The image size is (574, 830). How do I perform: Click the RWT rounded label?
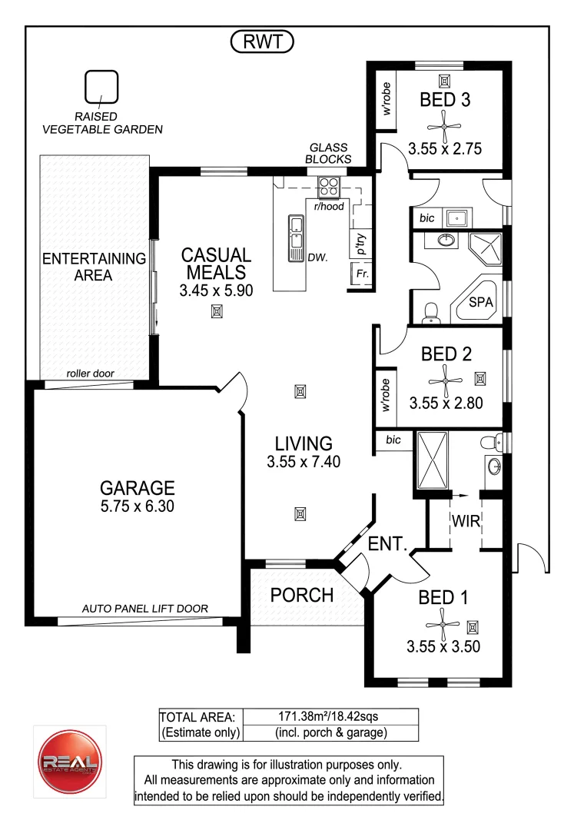pyautogui.click(x=262, y=43)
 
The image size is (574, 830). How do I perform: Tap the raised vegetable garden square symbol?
pyautogui.click(x=101, y=88)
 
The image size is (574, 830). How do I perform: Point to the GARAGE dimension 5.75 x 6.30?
pyautogui.click(x=138, y=508)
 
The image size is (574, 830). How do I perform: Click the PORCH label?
pyautogui.click(x=302, y=595)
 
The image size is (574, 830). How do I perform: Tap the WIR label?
pyautogui.click(x=466, y=522)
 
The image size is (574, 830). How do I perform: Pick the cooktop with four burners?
pyautogui.click(x=330, y=186)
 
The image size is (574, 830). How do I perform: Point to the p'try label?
pyautogui.click(x=360, y=244)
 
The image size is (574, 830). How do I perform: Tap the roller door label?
pyautogui.click(x=90, y=373)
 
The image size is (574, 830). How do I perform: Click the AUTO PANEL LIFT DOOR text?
pyautogui.click(x=145, y=609)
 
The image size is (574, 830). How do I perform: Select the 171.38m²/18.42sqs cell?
pyautogui.click(x=330, y=716)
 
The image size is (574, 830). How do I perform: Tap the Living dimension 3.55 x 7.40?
pyautogui.click(x=304, y=462)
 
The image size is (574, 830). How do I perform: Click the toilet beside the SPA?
pyautogui.click(x=432, y=312)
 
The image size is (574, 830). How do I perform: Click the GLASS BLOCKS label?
pyautogui.click(x=327, y=153)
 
